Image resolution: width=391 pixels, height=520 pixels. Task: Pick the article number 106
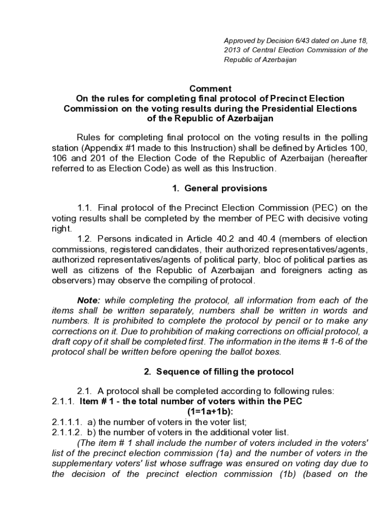(x=59, y=157)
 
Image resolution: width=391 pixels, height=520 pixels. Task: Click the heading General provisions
(x=225, y=188)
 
